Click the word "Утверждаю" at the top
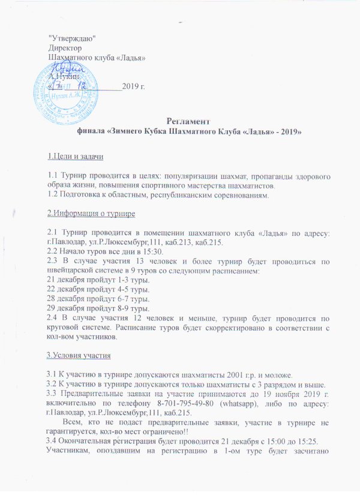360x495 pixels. click(x=71, y=39)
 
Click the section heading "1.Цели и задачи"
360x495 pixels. click(x=76, y=157)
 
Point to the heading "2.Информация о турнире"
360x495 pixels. click(x=90, y=214)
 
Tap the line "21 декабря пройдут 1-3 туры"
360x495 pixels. click(x=92, y=280)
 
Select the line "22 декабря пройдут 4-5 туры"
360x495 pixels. click(x=92, y=290)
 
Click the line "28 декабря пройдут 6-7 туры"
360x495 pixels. click(x=92, y=299)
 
